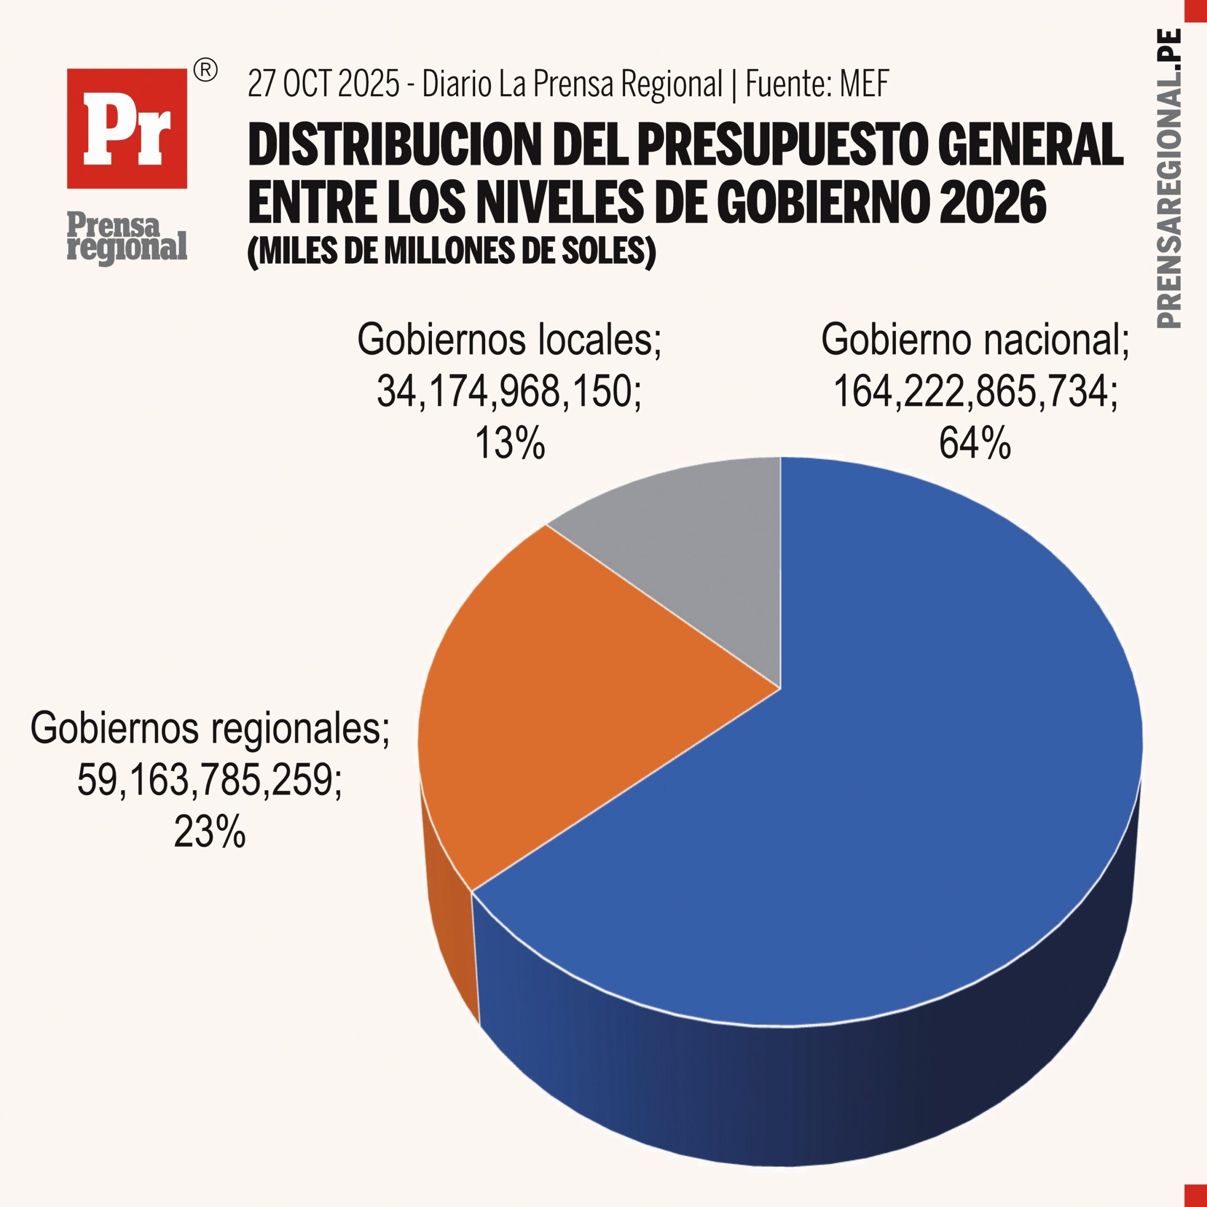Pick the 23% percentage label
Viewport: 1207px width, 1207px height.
(209, 832)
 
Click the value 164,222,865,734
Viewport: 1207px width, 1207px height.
(975, 392)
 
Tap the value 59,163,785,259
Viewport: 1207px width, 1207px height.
(209, 780)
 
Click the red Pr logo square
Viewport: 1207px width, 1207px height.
(127, 128)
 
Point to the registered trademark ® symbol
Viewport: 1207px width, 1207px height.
(206, 71)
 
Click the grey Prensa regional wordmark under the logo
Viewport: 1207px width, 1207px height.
(127, 238)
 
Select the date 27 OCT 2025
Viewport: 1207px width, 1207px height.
(323, 84)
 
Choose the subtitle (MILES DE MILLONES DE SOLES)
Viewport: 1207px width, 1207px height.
(451, 251)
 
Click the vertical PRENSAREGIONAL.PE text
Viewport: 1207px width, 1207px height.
(1169, 178)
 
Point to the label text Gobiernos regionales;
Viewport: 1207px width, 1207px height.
(209, 728)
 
